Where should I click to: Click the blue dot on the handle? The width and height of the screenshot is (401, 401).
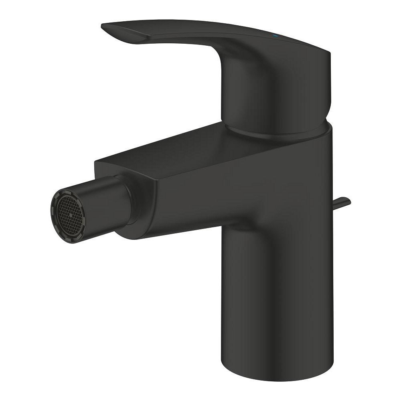click(x=275, y=36)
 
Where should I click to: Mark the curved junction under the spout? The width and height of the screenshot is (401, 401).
click(x=233, y=229)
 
